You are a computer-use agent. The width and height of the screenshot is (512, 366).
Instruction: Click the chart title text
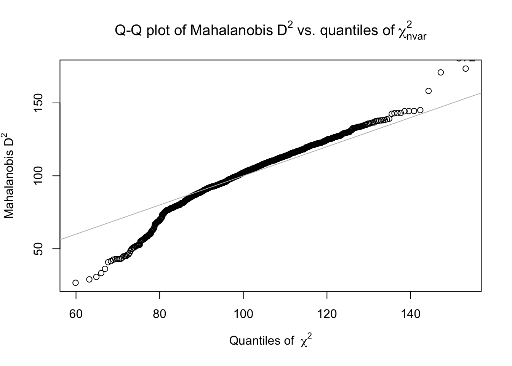pos(270,30)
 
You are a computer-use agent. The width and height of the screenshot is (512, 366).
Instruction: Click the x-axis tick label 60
pos(76,314)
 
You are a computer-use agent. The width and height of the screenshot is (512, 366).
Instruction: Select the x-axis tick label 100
pos(243,314)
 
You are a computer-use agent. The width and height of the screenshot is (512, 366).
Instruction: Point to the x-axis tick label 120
pos(327,314)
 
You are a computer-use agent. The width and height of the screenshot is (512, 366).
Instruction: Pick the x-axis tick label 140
pos(411,314)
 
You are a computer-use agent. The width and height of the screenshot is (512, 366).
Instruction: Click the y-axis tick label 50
pos(40,249)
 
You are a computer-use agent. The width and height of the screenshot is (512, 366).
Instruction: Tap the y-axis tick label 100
pos(40,176)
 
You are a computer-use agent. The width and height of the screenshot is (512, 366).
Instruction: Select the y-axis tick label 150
pos(40,103)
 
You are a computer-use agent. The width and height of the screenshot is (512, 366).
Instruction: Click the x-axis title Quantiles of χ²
pos(270,340)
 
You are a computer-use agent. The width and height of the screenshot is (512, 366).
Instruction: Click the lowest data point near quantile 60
pos(75,283)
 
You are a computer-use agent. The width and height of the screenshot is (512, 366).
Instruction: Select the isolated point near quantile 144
pos(428,91)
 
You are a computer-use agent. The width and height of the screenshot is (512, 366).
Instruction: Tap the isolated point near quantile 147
pos(441,72)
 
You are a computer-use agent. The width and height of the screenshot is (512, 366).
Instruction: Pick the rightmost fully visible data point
pos(466,69)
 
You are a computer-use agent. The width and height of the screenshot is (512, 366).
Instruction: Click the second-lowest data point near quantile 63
pos(89,279)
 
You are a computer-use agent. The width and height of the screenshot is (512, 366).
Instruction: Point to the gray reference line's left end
pos(61,239)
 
